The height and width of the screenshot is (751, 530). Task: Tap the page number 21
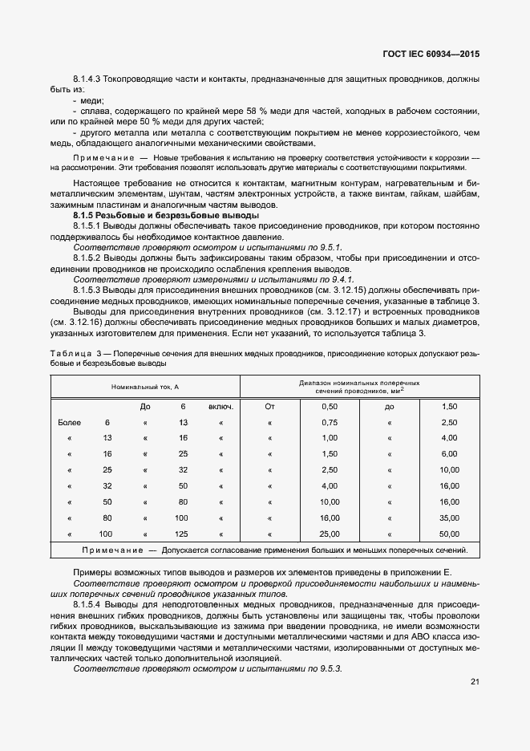click(x=475, y=682)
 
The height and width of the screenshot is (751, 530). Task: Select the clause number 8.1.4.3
click(x=89, y=80)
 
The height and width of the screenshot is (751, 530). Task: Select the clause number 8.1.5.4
click(x=89, y=602)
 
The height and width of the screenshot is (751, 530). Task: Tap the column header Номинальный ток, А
click(x=144, y=387)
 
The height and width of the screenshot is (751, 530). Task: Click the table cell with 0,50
click(x=329, y=407)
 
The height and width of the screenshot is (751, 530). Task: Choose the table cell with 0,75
click(x=329, y=422)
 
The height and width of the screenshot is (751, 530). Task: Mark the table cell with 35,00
click(x=449, y=518)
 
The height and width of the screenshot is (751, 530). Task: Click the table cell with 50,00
click(x=449, y=534)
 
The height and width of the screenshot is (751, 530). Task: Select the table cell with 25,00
click(x=329, y=534)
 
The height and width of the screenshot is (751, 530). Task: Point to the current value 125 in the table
click(x=181, y=534)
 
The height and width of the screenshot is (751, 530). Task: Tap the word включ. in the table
click(x=220, y=407)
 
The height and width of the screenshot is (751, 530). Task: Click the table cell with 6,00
click(x=449, y=454)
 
